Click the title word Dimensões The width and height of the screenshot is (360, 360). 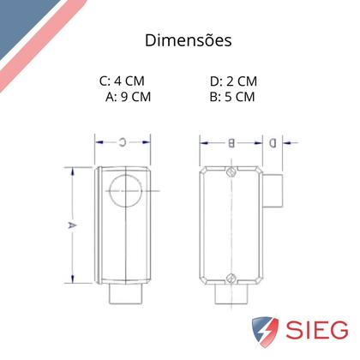click(x=186, y=40)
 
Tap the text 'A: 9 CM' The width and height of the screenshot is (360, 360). click(x=128, y=97)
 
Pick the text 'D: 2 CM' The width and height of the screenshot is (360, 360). click(x=233, y=81)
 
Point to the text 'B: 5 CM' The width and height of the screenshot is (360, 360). click(x=232, y=97)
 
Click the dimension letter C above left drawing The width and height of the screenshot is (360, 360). click(x=123, y=141)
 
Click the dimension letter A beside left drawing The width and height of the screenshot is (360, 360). click(x=72, y=224)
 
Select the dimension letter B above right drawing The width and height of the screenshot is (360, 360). click(x=231, y=142)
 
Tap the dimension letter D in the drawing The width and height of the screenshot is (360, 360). click(x=272, y=142)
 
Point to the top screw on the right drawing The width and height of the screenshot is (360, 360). click(x=231, y=171)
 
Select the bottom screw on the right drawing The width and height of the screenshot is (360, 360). click(x=231, y=277)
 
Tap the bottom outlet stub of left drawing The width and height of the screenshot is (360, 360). click(x=125, y=294)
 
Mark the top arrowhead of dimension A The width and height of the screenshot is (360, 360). click(x=72, y=169)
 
